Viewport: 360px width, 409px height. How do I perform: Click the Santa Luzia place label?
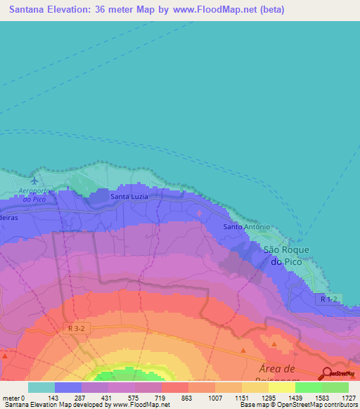pos(129,197)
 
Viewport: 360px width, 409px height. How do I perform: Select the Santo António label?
pos(246,227)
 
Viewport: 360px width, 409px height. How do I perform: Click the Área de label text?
pos(281,370)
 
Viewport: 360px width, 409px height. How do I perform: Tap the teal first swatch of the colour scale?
pos(41,387)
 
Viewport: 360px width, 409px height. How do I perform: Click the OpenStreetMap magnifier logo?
pos(328,375)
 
